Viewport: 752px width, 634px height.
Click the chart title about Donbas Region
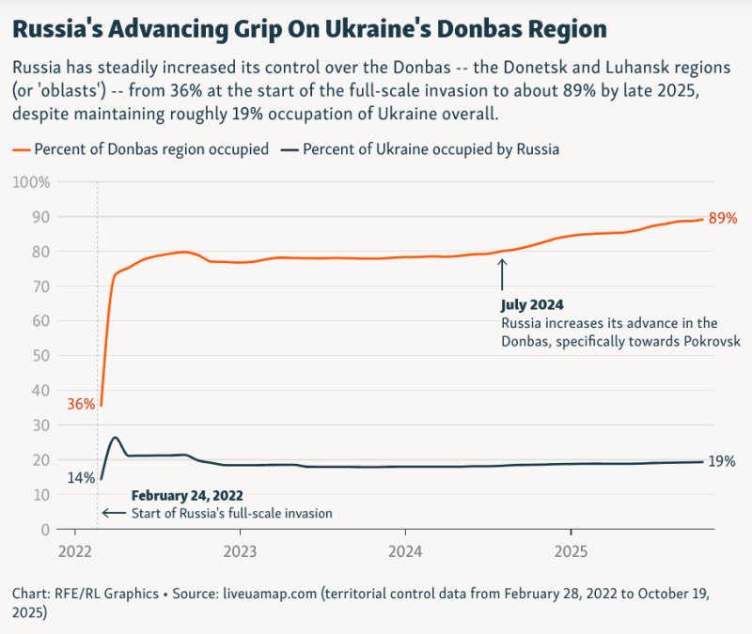click(x=308, y=29)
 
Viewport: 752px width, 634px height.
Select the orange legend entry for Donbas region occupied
click(x=141, y=149)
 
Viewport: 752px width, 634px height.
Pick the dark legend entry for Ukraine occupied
click(x=420, y=149)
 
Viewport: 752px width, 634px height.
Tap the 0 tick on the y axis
click(x=44, y=529)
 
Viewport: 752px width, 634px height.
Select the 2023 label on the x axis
click(x=240, y=550)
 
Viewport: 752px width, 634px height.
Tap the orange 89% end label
click(x=723, y=218)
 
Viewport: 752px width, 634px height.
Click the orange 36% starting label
click(x=81, y=405)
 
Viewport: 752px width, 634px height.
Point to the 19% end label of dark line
click(x=722, y=461)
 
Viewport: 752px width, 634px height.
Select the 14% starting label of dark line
click(x=81, y=477)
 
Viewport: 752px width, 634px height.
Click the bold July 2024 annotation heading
click(x=532, y=305)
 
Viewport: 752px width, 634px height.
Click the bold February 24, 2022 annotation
click(x=192, y=495)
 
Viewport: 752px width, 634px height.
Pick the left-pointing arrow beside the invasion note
click(x=113, y=513)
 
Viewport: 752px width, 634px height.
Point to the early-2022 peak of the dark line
click(x=115, y=437)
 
